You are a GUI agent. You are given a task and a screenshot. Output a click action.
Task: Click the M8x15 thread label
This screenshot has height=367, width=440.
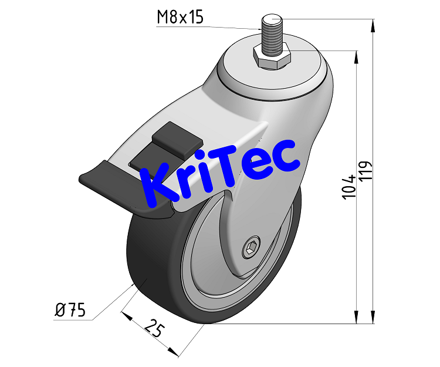tap(180, 18)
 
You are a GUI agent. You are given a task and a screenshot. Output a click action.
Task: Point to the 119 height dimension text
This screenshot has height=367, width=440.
tap(365, 174)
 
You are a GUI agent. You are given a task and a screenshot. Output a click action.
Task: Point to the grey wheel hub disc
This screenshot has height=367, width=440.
tap(211, 276)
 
